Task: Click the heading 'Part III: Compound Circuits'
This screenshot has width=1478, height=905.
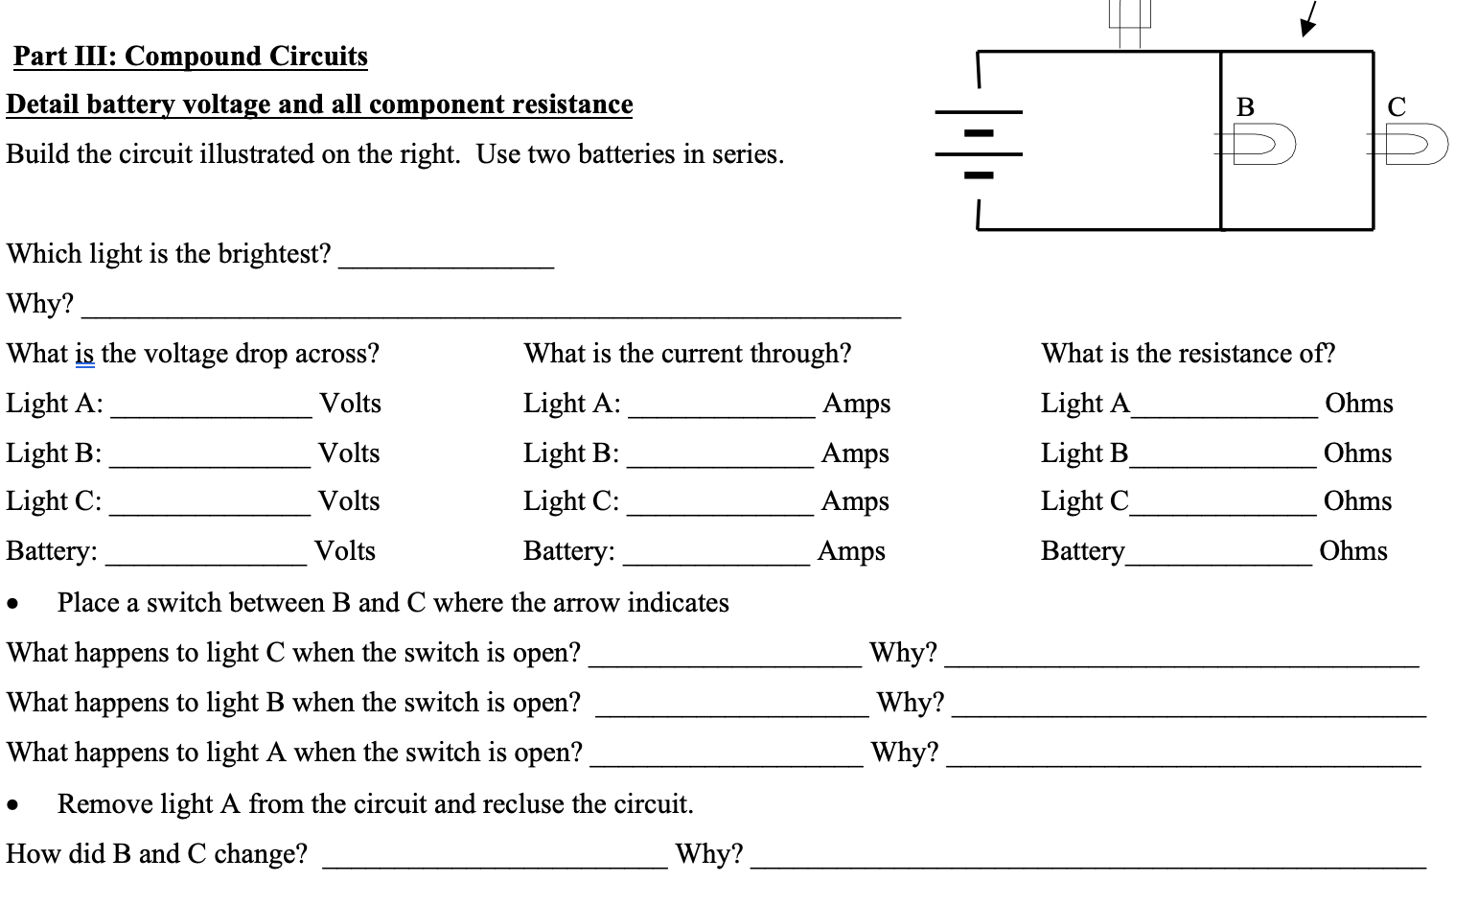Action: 190,57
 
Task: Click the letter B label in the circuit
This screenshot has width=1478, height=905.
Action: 1245,106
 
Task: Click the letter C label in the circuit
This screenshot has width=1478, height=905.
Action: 1397,106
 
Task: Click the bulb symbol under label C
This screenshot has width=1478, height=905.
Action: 1412,145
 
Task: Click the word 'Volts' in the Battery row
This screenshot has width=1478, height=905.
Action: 345,551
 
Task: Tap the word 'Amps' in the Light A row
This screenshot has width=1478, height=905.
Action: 856,404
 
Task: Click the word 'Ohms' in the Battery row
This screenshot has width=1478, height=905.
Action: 1352,551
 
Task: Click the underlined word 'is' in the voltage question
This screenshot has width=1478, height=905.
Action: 84,354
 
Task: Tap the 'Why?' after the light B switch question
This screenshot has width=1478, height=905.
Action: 910,703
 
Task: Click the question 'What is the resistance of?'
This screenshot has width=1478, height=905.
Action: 1188,354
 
